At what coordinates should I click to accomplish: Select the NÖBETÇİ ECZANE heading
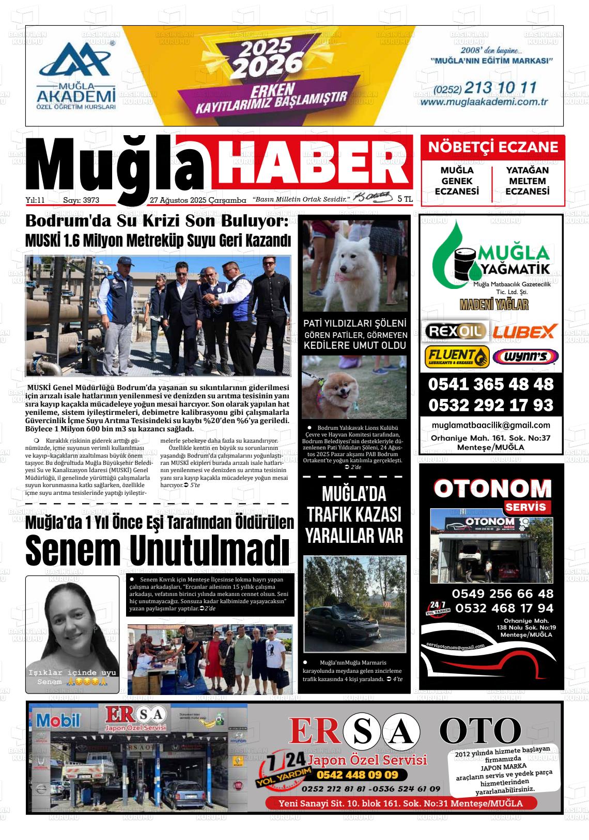pos(493,148)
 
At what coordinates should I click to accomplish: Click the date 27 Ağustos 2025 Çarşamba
pos(197,200)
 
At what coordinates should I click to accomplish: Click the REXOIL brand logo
pos(454,331)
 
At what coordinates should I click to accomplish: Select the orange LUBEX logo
pos(524,331)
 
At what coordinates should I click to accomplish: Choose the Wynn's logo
pos(525,357)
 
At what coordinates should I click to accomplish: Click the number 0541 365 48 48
pos(490,384)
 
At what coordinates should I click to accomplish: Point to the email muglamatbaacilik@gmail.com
pos(490,425)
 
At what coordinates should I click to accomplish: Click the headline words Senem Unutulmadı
pos(157,551)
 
